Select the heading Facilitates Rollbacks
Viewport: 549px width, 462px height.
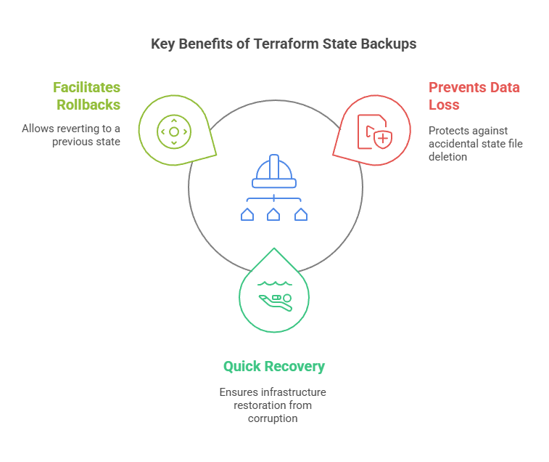pyautogui.click(x=88, y=96)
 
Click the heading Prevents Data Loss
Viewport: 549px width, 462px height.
pyautogui.click(x=474, y=96)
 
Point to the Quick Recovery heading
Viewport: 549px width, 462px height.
pyautogui.click(x=273, y=367)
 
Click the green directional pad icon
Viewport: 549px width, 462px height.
pyautogui.click(x=174, y=131)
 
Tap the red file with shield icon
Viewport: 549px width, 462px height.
pyautogui.click(x=374, y=131)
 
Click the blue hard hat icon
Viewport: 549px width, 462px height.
pyautogui.click(x=274, y=173)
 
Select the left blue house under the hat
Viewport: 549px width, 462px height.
pyautogui.click(x=247, y=214)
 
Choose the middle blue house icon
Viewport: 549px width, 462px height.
pyautogui.click(x=273, y=214)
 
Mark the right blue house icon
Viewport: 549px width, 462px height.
pyautogui.click(x=300, y=214)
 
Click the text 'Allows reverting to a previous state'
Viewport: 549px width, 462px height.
pyautogui.click(x=71, y=135)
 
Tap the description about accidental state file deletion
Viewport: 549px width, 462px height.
pyautogui.click(x=475, y=143)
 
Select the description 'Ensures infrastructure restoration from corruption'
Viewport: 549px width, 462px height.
pyautogui.click(x=273, y=405)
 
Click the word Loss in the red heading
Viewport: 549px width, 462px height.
pyautogui.click(x=444, y=105)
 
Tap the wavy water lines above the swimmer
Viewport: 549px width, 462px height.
pyautogui.click(x=273, y=284)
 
